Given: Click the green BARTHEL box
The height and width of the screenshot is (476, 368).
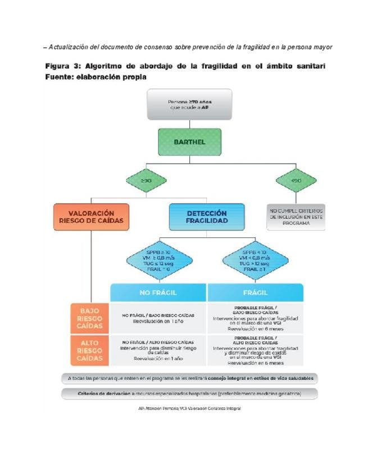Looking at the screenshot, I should pyautogui.click(x=190, y=142).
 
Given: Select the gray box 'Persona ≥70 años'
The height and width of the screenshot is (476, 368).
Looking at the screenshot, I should pyautogui.click(x=190, y=104).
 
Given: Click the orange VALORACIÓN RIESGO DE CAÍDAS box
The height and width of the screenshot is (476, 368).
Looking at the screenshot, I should pyautogui.click(x=90, y=217).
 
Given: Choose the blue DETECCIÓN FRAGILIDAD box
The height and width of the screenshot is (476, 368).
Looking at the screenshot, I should pyautogui.click(x=206, y=217).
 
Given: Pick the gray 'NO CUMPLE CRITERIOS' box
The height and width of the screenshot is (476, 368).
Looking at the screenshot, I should pyautogui.click(x=296, y=217).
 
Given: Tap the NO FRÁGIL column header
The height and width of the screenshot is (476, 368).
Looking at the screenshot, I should pyautogui.click(x=159, y=292).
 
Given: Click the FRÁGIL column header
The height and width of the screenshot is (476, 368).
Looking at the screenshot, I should pyautogui.click(x=256, y=292).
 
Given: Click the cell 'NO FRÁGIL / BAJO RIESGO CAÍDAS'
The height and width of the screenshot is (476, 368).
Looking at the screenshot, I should pyautogui.click(x=159, y=318).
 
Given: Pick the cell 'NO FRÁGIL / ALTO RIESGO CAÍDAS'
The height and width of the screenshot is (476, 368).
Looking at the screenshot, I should pyautogui.click(x=159, y=350).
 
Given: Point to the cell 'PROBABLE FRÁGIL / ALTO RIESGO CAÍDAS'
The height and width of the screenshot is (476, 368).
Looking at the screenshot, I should pyautogui.click(x=256, y=350).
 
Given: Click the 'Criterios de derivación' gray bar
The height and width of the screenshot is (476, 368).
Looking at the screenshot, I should pyautogui.click(x=189, y=393).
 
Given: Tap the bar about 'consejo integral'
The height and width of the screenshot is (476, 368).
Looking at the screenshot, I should pyautogui.click(x=189, y=378).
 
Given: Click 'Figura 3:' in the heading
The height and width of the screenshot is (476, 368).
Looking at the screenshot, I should pyautogui.click(x=62, y=67).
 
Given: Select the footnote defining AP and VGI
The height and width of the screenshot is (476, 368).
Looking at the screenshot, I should pyautogui.click(x=189, y=409).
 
